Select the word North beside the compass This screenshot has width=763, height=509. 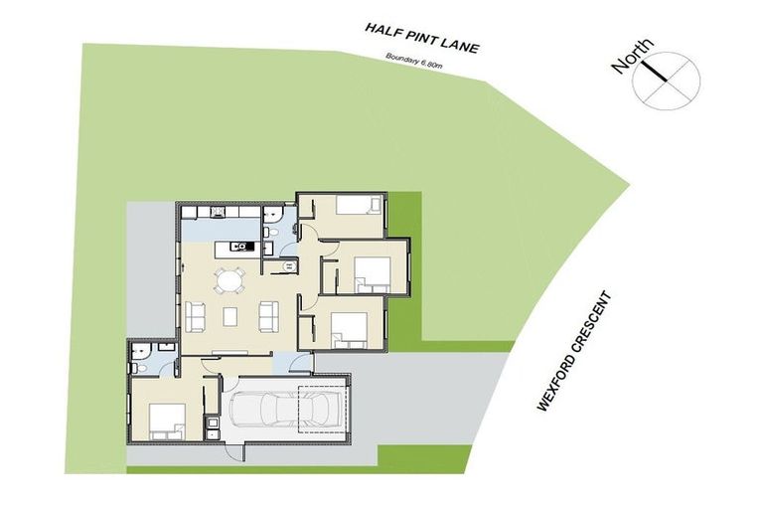[x=633, y=57]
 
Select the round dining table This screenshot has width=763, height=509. [x=229, y=281]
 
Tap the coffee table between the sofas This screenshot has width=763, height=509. [x=230, y=317]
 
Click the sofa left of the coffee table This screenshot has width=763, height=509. [x=195, y=317]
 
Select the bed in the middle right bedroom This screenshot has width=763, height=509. [x=370, y=269]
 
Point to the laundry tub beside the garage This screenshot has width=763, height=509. [x=212, y=429]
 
